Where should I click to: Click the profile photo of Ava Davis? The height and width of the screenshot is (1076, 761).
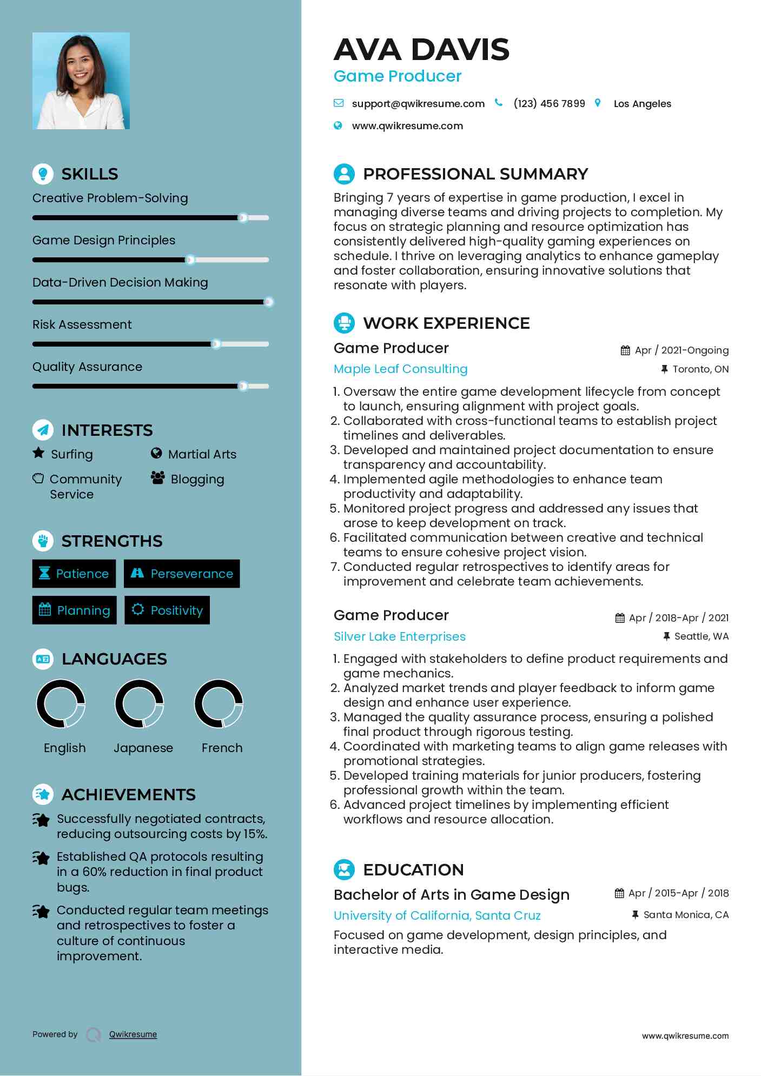click(81, 81)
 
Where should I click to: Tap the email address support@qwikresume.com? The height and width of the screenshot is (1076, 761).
click(418, 104)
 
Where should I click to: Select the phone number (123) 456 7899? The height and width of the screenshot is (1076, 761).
click(549, 104)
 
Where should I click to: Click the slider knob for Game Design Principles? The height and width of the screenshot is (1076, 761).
click(190, 260)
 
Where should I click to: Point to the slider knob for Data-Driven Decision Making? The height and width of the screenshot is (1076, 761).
click(268, 302)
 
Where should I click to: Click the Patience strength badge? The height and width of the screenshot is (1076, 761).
click(74, 574)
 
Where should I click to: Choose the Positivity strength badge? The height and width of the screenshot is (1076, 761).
click(167, 610)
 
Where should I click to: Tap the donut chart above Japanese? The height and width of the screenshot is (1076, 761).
click(140, 703)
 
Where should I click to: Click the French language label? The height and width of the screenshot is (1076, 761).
click(222, 748)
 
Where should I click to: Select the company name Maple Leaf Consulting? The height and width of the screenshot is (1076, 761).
click(400, 369)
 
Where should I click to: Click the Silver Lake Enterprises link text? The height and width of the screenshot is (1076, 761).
click(399, 636)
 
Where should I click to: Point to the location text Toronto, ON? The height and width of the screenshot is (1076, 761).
click(700, 369)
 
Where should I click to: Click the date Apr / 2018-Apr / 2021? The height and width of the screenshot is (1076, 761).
click(678, 618)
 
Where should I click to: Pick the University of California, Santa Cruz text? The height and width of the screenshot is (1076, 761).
click(437, 915)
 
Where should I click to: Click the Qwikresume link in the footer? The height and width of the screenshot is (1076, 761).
click(133, 1034)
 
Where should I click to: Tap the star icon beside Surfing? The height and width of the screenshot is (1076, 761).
click(38, 453)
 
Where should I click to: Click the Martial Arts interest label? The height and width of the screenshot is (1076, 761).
click(202, 454)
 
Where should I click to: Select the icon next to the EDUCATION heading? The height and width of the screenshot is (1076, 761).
click(344, 869)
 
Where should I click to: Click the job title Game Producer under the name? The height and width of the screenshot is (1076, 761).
click(398, 76)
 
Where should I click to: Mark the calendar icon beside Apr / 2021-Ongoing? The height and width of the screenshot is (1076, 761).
click(625, 350)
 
